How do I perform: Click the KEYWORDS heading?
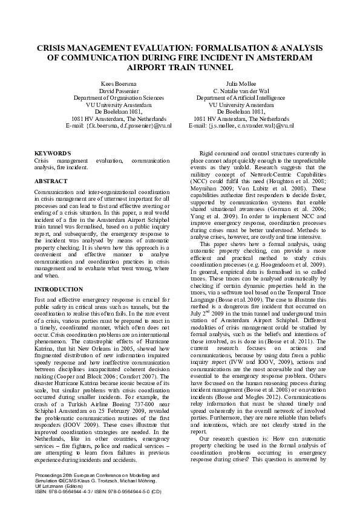53,154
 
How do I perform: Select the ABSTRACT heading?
51,180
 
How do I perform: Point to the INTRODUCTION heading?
58,288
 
